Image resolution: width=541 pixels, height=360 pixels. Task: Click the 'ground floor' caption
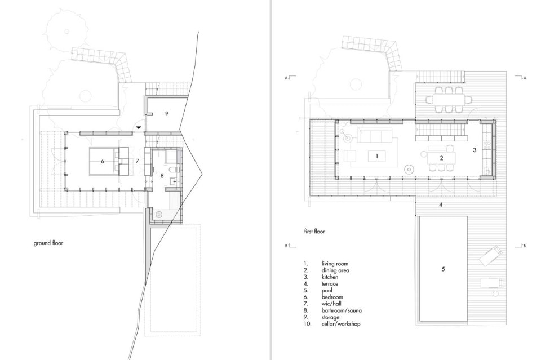(48, 243)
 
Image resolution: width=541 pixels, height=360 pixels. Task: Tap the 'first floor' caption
(314, 232)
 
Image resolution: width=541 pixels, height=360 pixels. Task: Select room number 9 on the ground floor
(167, 113)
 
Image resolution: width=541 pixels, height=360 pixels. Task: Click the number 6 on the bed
(103, 161)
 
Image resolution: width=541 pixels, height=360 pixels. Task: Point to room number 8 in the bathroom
(162, 176)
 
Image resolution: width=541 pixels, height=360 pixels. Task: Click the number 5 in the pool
(444, 269)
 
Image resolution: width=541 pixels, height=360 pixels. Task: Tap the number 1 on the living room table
(377, 156)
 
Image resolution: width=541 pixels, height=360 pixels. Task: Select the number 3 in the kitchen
(475, 150)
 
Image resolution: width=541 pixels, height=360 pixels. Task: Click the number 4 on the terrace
(441, 205)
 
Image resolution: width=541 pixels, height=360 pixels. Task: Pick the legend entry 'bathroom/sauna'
(342, 310)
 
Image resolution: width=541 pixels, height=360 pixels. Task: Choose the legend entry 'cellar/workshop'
(341, 324)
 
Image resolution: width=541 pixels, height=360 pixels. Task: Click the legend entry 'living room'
(335, 264)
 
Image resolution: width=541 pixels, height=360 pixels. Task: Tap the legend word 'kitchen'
(330, 277)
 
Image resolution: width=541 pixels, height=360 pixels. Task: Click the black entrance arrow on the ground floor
(139, 127)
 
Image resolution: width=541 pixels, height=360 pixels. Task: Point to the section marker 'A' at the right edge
(525, 78)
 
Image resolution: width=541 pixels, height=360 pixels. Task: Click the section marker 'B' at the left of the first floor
(286, 246)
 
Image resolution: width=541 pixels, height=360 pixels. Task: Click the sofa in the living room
(375, 135)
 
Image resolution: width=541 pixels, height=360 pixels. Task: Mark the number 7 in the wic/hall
(137, 161)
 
